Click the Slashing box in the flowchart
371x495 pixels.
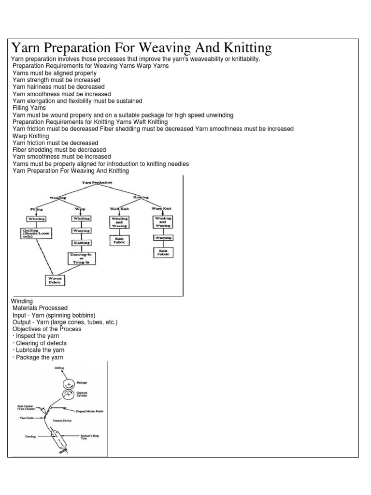(81, 243)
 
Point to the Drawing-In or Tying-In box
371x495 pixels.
(81, 258)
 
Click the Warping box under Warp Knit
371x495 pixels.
(163, 238)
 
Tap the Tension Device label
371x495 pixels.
(62, 421)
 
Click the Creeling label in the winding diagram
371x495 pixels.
(31, 436)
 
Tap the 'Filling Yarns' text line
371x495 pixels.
(29, 108)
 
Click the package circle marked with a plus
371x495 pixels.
(69, 383)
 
